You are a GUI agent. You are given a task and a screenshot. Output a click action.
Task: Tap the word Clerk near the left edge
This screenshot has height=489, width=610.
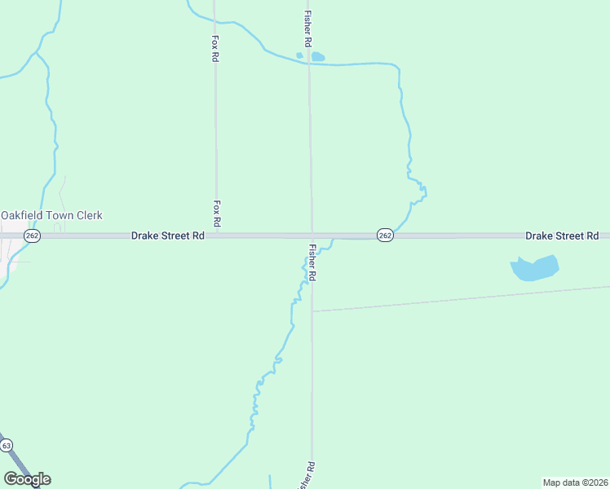point(89,215)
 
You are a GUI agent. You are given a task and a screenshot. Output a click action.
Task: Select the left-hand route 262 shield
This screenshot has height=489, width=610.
point(32,236)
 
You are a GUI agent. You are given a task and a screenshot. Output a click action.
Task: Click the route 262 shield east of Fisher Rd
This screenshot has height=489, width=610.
point(386,236)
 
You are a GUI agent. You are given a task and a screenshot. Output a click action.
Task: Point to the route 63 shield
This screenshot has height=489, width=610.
point(7,446)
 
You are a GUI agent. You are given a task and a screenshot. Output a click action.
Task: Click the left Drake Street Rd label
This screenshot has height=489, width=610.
point(168,236)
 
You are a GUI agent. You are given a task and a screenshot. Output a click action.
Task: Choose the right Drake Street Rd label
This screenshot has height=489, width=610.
point(562,236)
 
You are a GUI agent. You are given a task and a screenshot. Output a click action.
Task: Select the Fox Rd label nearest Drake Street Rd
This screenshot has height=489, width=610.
point(217,213)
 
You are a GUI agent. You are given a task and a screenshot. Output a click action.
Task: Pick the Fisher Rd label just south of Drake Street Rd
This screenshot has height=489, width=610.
point(312,262)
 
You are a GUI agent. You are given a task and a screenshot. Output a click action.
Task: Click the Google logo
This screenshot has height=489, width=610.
point(27,479)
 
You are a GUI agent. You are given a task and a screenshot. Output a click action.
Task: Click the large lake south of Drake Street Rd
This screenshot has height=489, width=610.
point(534,268)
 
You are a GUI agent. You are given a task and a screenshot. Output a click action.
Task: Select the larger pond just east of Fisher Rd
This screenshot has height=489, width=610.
point(317,57)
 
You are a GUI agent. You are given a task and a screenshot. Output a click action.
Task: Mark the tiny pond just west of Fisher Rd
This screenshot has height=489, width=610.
point(299,56)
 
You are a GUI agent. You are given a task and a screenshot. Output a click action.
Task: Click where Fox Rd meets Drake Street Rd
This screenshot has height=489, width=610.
point(217,236)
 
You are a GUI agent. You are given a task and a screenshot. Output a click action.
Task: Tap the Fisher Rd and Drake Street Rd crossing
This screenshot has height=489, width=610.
point(311,236)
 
